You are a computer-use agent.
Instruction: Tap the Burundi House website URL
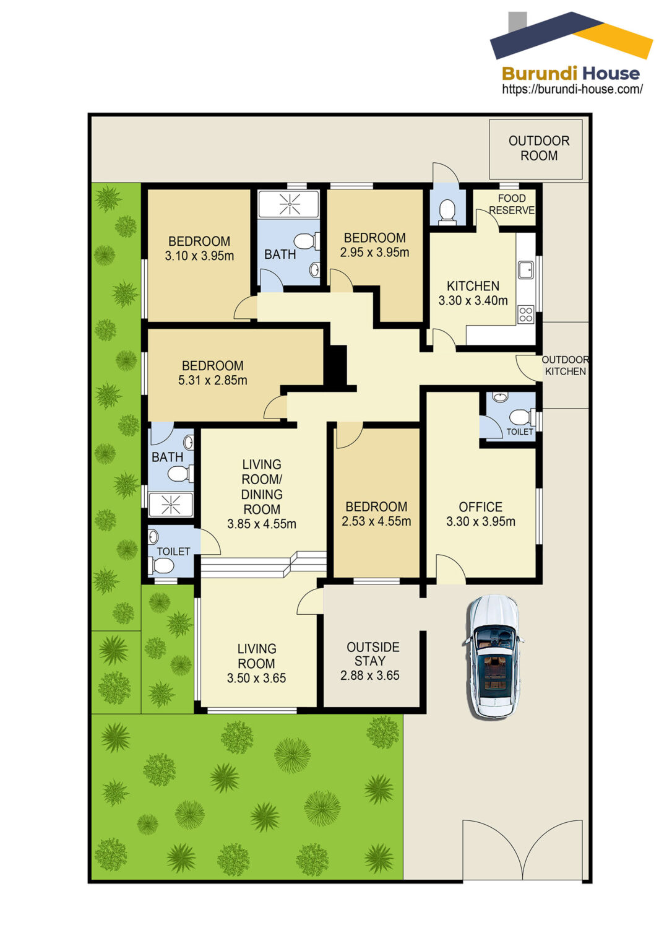coord(572,89)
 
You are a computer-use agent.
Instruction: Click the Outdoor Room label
coord(539,148)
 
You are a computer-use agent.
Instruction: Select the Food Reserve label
coord(512,204)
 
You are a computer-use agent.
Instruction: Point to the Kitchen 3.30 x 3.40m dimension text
coord(473,300)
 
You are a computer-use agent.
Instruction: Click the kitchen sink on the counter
coord(525,270)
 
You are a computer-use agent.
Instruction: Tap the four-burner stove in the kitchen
coord(525,315)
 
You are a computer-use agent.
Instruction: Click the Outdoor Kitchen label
coord(565,365)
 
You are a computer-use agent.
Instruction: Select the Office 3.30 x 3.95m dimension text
coord(481,521)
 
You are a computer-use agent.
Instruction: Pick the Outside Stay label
coord(371,654)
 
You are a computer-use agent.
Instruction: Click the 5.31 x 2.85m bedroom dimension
coord(212,380)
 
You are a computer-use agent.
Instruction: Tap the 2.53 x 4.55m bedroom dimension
coord(376,521)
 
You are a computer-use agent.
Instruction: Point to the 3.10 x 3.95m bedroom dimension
coord(199,256)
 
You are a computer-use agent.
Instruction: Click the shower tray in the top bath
coord(288,204)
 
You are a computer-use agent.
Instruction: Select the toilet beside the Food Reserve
coord(447,211)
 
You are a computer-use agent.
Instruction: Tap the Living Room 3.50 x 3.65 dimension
coord(256,678)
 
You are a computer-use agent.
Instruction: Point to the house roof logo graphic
coord(571,36)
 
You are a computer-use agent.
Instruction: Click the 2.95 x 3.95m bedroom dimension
coord(374,252)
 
